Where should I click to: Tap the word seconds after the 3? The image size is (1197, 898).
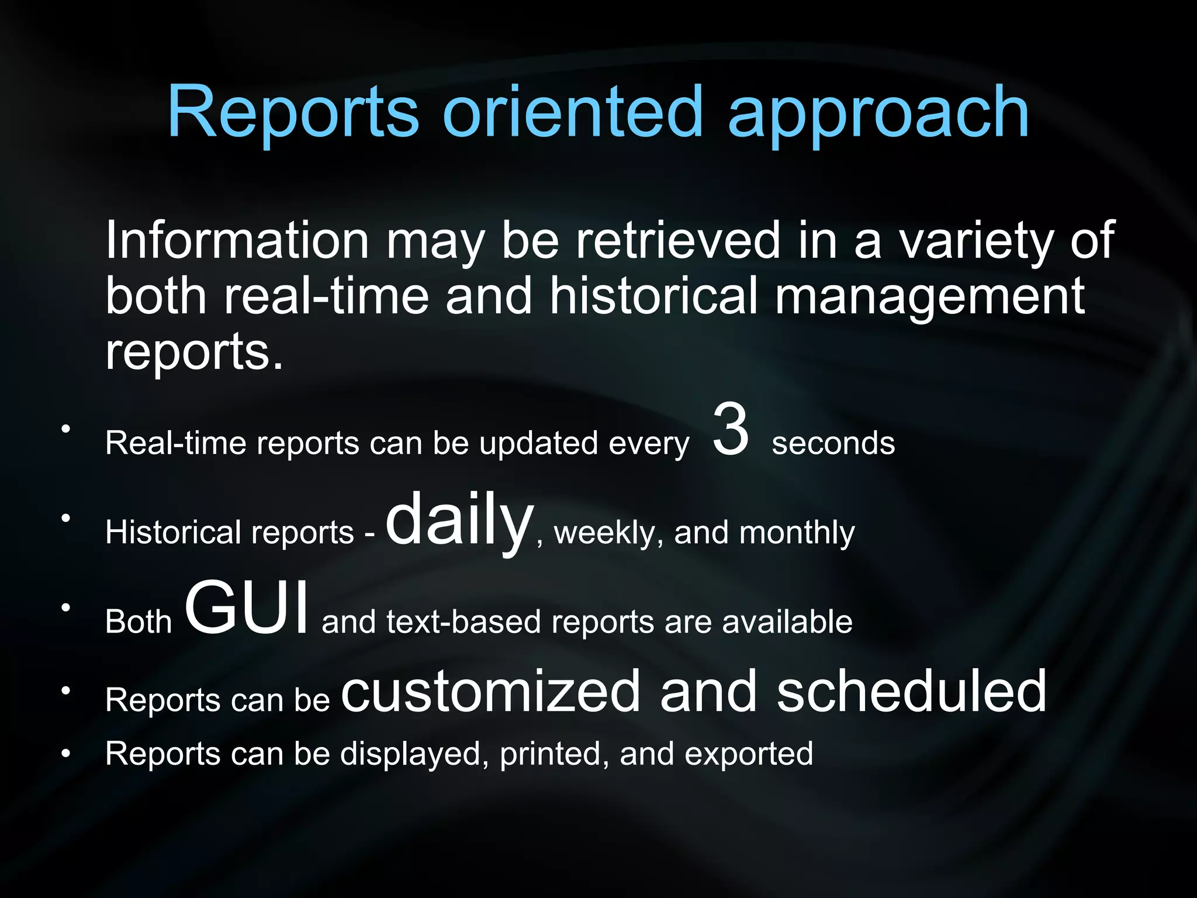coord(833,443)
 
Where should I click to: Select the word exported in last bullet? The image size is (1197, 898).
coord(749,755)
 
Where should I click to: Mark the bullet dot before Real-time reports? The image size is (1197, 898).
coord(66,429)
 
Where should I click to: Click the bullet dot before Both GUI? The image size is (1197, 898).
coord(66,607)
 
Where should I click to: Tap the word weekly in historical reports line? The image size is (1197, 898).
coord(608,534)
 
